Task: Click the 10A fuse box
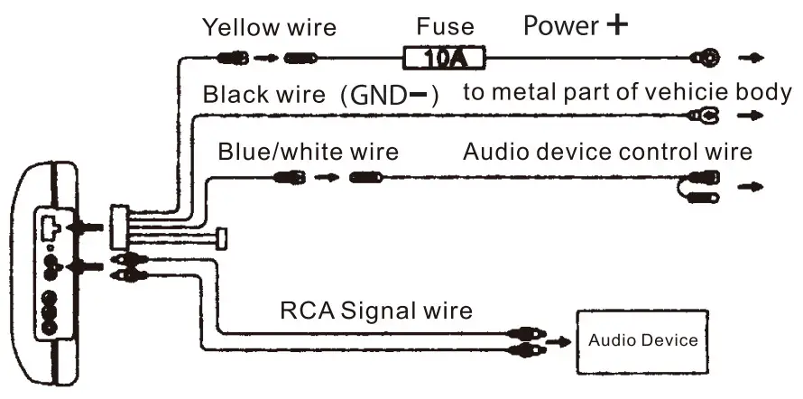tap(444, 60)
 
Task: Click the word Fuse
tap(445, 27)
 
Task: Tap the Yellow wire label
tap(269, 27)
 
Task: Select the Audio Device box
tap(642, 340)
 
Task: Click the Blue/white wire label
tap(307, 151)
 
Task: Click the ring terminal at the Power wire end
tap(705, 60)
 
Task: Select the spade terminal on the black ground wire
tap(703, 116)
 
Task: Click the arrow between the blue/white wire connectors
tap(332, 178)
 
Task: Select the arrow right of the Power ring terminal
tap(750, 60)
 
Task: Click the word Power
tap(560, 26)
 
